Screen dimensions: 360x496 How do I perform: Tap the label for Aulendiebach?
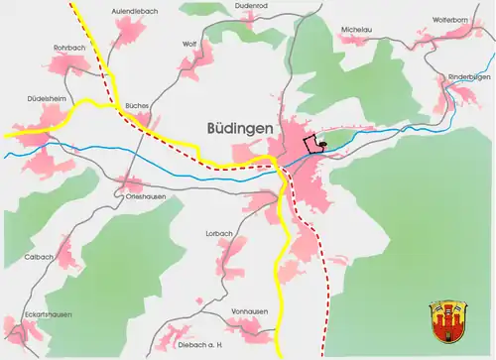(x=135, y=10)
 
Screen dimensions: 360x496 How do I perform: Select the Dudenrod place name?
(x=223, y=6)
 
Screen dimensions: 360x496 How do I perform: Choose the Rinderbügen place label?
(x=469, y=76)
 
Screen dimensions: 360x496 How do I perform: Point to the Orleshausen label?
(x=145, y=196)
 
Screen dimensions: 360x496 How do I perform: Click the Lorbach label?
(x=218, y=233)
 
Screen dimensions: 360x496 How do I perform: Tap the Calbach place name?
(x=37, y=257)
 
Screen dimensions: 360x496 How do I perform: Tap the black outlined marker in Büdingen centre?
(x=315, y=145)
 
